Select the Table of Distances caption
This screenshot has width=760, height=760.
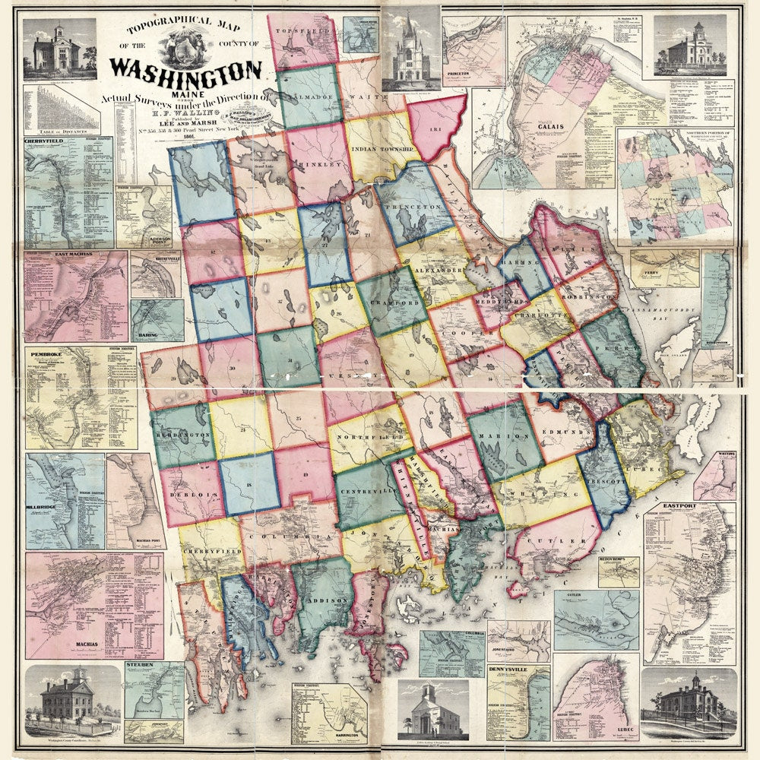click(x=61, y=132)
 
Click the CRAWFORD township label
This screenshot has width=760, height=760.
click(x=391, y=302)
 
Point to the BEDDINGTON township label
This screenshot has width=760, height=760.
click(x=182, y=434)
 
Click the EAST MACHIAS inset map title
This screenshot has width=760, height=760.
click(x=53, y=258)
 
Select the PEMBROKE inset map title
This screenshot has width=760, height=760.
click(x=50, y=354)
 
